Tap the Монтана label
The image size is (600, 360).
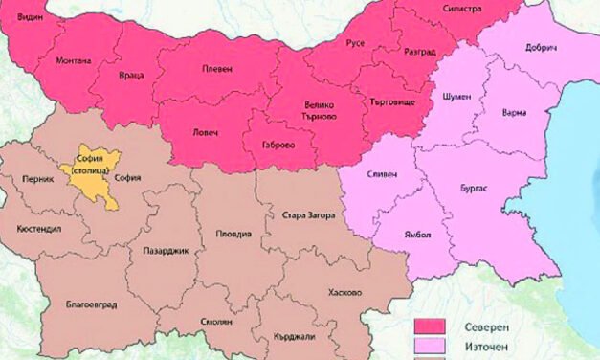coord(74,60)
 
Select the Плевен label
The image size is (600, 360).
coord(217,69)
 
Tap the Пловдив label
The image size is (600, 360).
coord(233,234)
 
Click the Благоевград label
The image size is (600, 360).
coord(92,304)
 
